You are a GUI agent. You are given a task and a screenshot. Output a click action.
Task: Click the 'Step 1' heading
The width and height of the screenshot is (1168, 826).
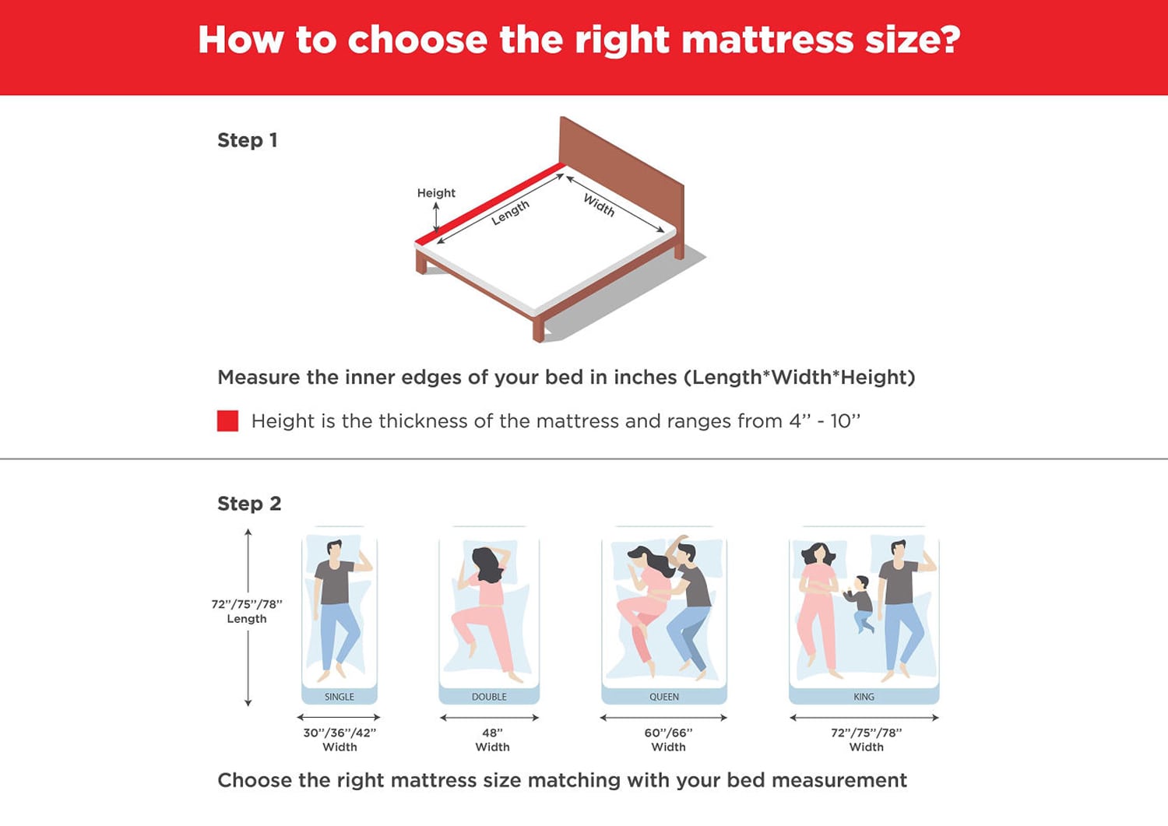pos(247,140)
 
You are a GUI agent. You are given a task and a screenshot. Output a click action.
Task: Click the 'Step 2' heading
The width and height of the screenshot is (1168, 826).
pos(249,504)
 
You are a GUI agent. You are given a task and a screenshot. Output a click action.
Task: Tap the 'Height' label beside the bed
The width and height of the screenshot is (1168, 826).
pos(436,193)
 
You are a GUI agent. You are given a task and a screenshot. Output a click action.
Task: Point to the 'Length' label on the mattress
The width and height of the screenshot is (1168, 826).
pos(510,213)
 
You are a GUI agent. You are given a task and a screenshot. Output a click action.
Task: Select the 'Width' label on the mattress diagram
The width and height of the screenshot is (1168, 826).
pos(599,205)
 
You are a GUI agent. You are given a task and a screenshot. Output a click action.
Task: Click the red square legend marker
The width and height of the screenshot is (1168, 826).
pos(227,421)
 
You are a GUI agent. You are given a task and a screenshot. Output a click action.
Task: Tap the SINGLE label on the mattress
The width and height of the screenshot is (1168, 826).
pos(339,697)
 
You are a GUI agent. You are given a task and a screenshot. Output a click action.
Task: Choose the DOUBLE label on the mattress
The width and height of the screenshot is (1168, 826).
pos(489,697)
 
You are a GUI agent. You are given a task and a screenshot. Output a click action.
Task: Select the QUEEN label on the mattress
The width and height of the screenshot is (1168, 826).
pos(663,697)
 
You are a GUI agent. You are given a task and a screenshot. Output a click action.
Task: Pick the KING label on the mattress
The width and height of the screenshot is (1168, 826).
pos(864,697)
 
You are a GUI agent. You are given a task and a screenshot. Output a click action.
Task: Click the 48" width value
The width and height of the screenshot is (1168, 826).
pos(492,733)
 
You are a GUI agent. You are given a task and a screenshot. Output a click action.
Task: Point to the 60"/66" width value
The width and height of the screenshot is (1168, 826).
pos(668,733)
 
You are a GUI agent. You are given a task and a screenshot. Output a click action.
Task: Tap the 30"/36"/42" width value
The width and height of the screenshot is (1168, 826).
pos(339,733)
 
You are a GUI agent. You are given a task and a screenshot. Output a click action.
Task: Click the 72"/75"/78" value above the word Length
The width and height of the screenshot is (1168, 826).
pos(247,604)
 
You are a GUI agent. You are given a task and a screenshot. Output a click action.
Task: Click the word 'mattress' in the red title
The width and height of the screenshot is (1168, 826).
pos(767,40)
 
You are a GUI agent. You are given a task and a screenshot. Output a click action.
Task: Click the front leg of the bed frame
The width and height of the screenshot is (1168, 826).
pos(538,329)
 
